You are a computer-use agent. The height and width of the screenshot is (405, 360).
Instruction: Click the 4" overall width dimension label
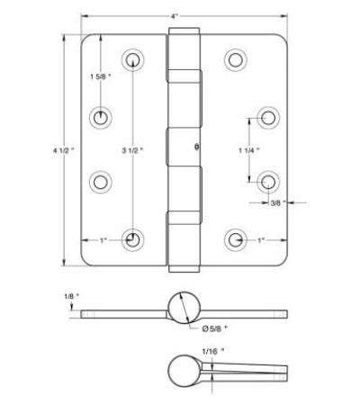(175, 16)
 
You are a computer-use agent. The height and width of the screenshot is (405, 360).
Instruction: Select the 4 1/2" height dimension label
(63, 150)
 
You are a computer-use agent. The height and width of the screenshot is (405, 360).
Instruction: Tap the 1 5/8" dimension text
(101, 76)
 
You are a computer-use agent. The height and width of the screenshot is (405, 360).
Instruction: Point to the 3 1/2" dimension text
(132, 150)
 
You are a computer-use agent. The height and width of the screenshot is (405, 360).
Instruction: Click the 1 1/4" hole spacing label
(249, 150)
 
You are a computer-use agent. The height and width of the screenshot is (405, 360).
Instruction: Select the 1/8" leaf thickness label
(72, 296)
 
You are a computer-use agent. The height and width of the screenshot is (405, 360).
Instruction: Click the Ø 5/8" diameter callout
(215, 328)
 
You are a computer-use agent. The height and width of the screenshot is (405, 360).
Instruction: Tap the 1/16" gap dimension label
(213, 351)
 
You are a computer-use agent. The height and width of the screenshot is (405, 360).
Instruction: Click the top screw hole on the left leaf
(132, 60)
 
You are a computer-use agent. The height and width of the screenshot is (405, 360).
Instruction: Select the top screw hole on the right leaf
(236, 60)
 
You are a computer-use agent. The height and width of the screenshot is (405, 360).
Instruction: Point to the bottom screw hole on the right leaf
(236, 240)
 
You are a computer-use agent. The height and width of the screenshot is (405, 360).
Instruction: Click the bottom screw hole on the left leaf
(132, 240)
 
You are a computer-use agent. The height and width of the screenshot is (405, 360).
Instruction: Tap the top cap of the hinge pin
(184, 31)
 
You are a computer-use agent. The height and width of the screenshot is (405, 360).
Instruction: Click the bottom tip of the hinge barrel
(184, 269)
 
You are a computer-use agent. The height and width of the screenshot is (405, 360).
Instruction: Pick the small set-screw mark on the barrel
(197, 147)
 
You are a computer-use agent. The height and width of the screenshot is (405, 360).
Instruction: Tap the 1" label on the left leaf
(103, 240)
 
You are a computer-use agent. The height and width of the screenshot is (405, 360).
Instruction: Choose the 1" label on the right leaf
(261, 240)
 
